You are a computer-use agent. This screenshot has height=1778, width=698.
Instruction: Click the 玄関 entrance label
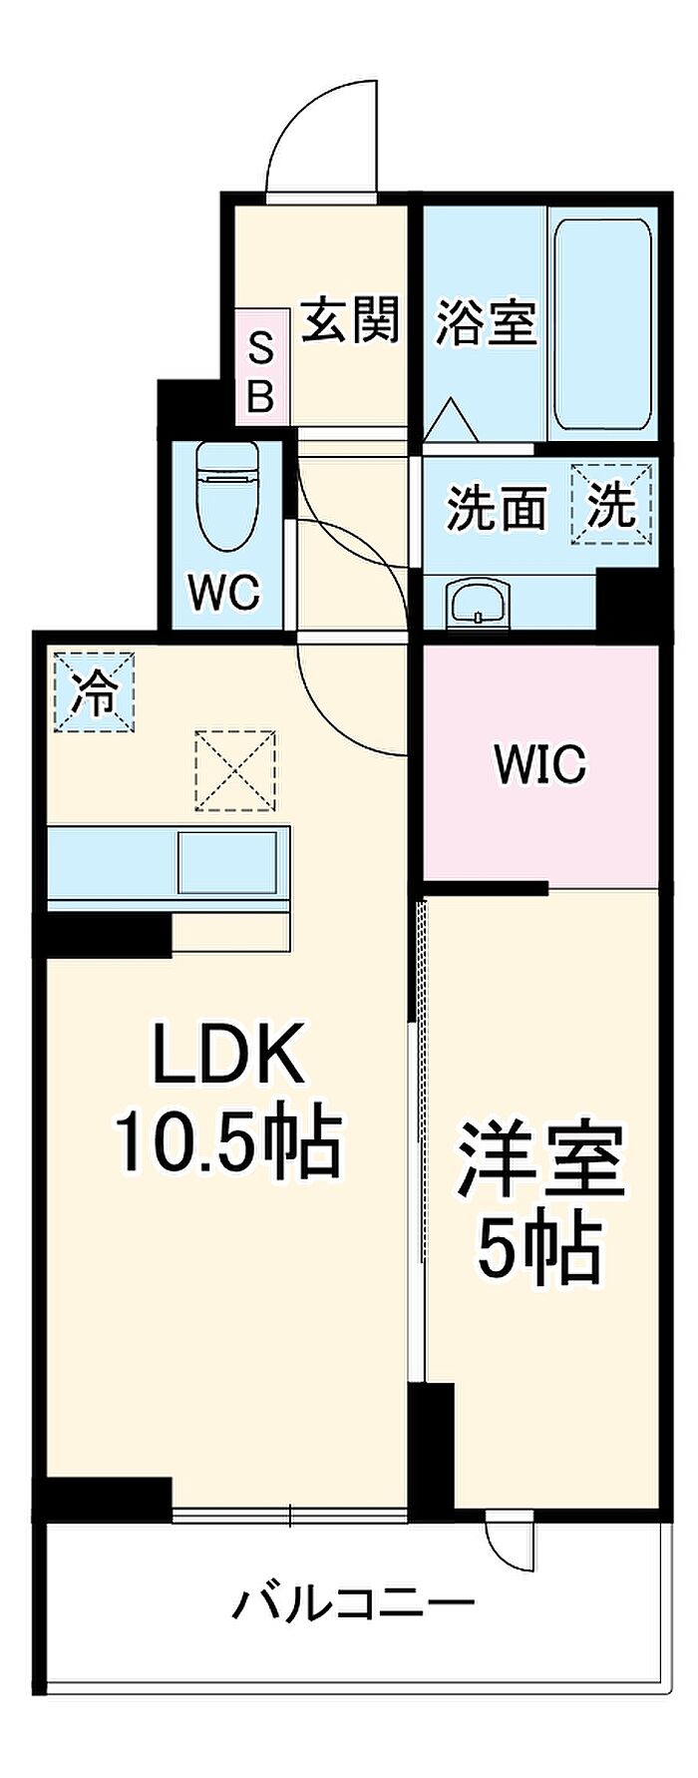[350, 320]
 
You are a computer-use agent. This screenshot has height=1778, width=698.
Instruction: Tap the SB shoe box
[260, 372]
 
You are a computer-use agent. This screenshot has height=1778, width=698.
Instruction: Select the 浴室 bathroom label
[486, 321]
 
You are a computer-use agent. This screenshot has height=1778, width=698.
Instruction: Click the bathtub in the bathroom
[602, 324]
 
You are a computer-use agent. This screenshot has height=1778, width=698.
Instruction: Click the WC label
[225, 593]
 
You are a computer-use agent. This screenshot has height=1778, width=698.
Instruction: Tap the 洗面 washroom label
[496, 509]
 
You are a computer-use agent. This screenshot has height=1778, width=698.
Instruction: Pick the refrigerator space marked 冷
[93, 691]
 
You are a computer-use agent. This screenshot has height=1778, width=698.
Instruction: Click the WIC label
[539, 765]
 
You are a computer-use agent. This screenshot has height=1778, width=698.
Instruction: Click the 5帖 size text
[538, 1247]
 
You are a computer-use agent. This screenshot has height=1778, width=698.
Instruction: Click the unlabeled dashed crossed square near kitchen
[235, 770]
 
